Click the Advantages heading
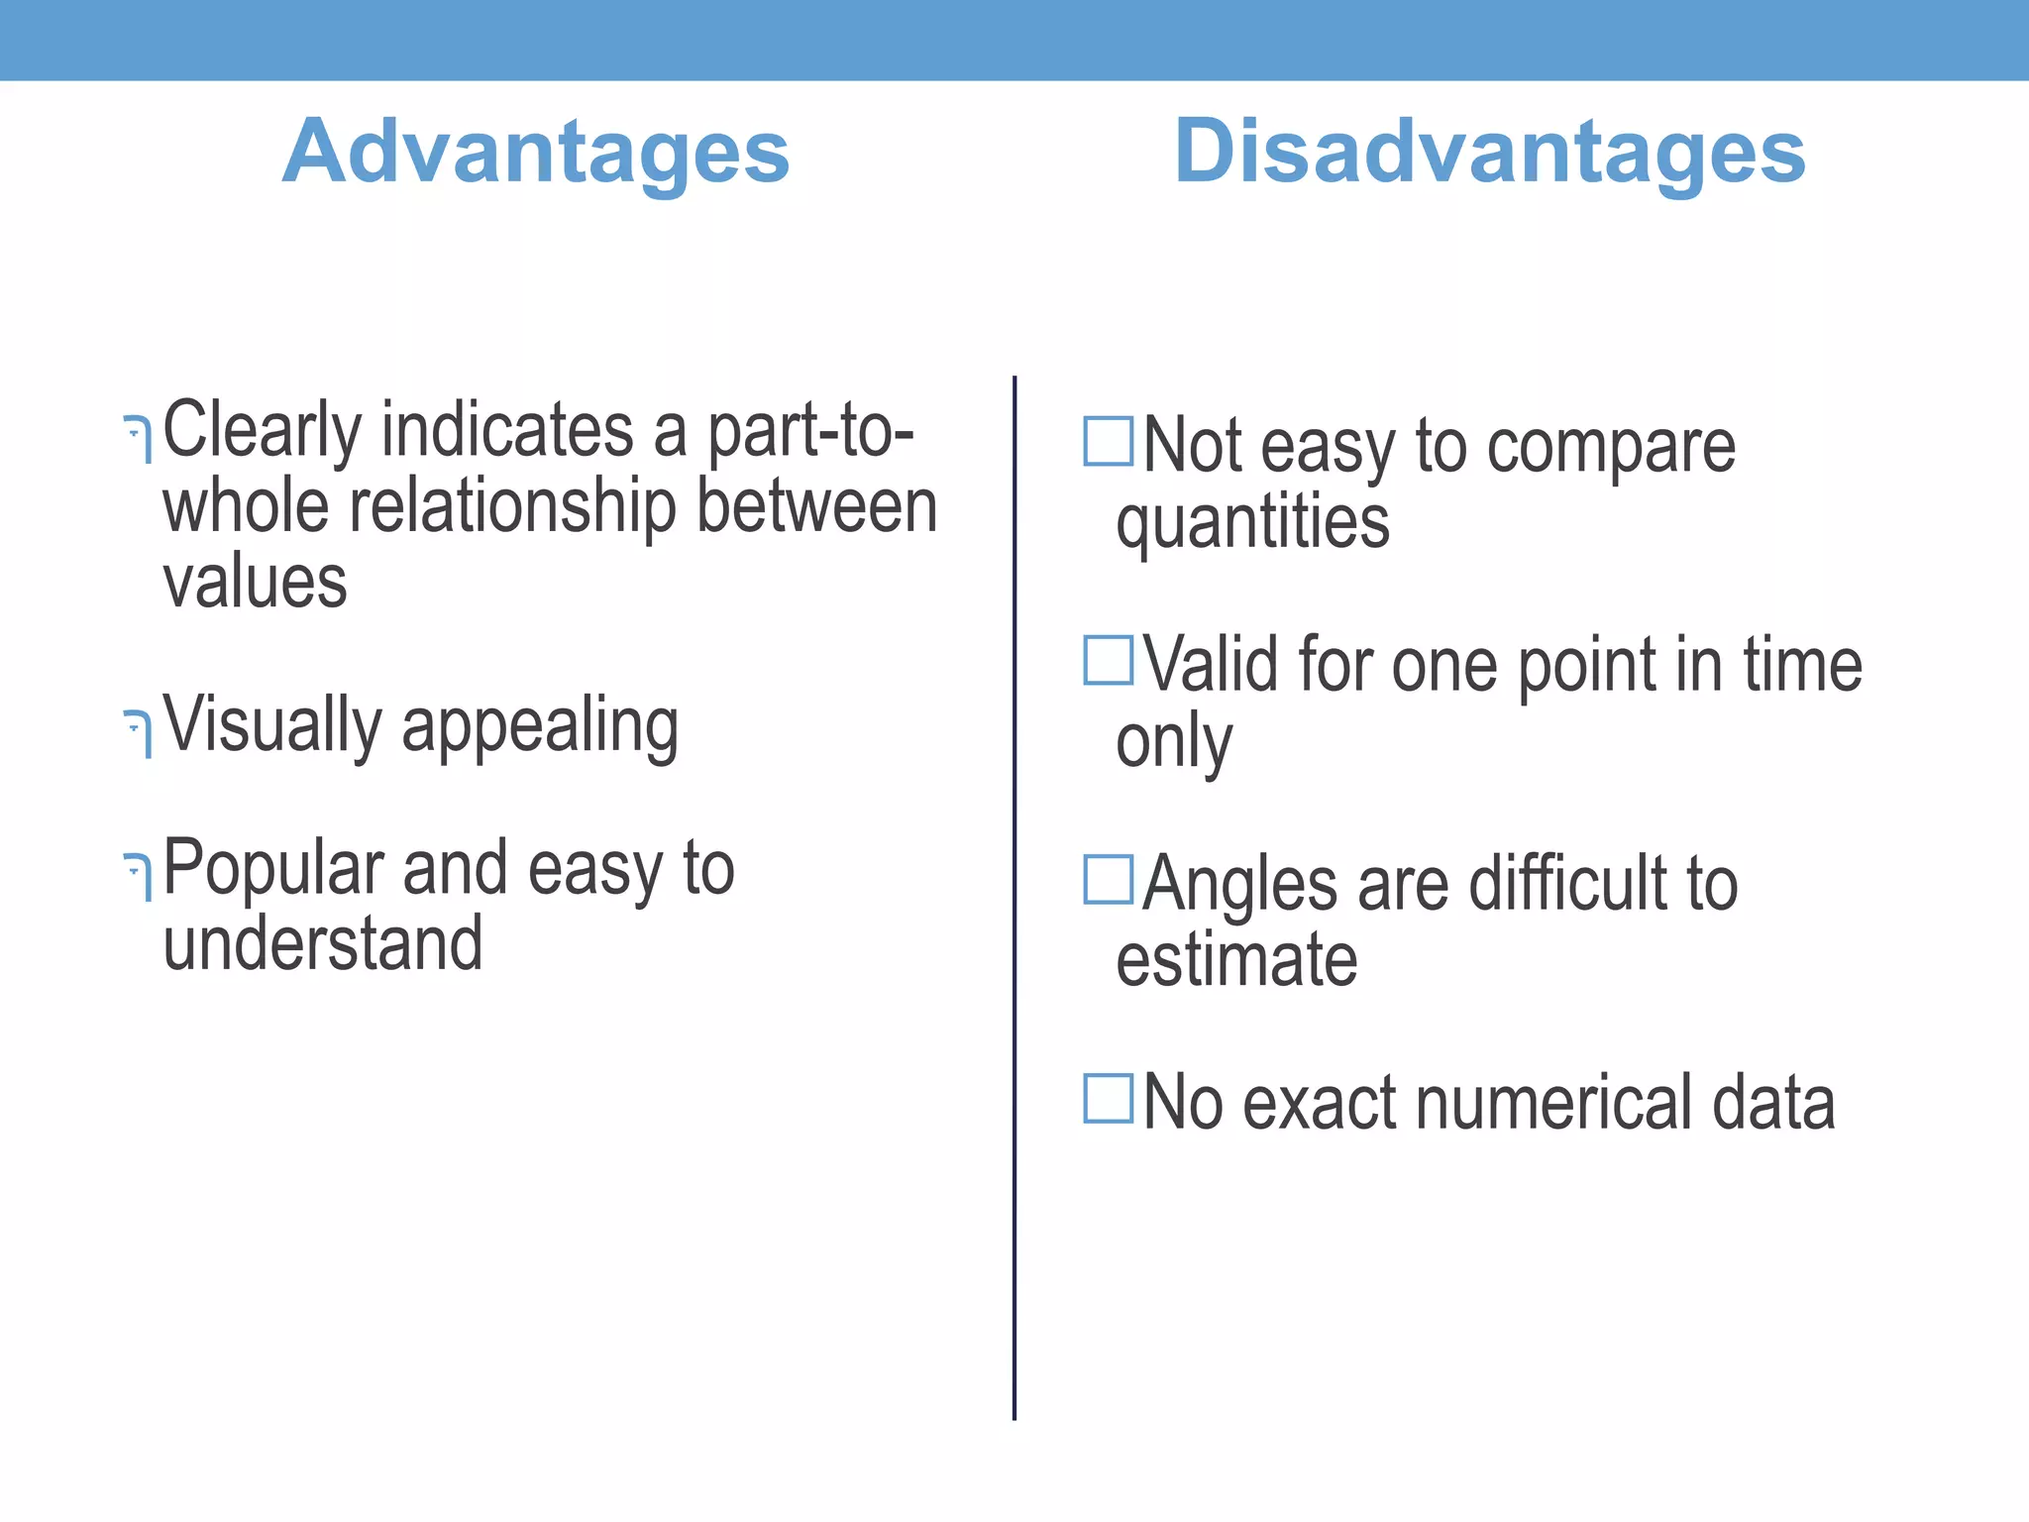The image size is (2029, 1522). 536,152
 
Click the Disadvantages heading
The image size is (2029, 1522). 1489,152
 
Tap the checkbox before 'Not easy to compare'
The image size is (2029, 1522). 1108,442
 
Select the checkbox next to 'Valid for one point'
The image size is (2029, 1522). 1108,660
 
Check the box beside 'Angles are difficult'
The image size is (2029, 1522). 1108,880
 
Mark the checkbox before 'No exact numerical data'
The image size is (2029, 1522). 1108,1098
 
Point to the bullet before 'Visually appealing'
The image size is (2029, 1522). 139,733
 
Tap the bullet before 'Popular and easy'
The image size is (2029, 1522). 139,877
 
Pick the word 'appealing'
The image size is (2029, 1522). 540,728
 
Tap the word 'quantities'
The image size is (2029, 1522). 1252,523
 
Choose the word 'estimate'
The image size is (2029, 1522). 1236,960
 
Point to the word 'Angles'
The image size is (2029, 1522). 1239,885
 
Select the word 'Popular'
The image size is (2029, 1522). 272,869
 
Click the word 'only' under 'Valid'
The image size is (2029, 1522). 1174,742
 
